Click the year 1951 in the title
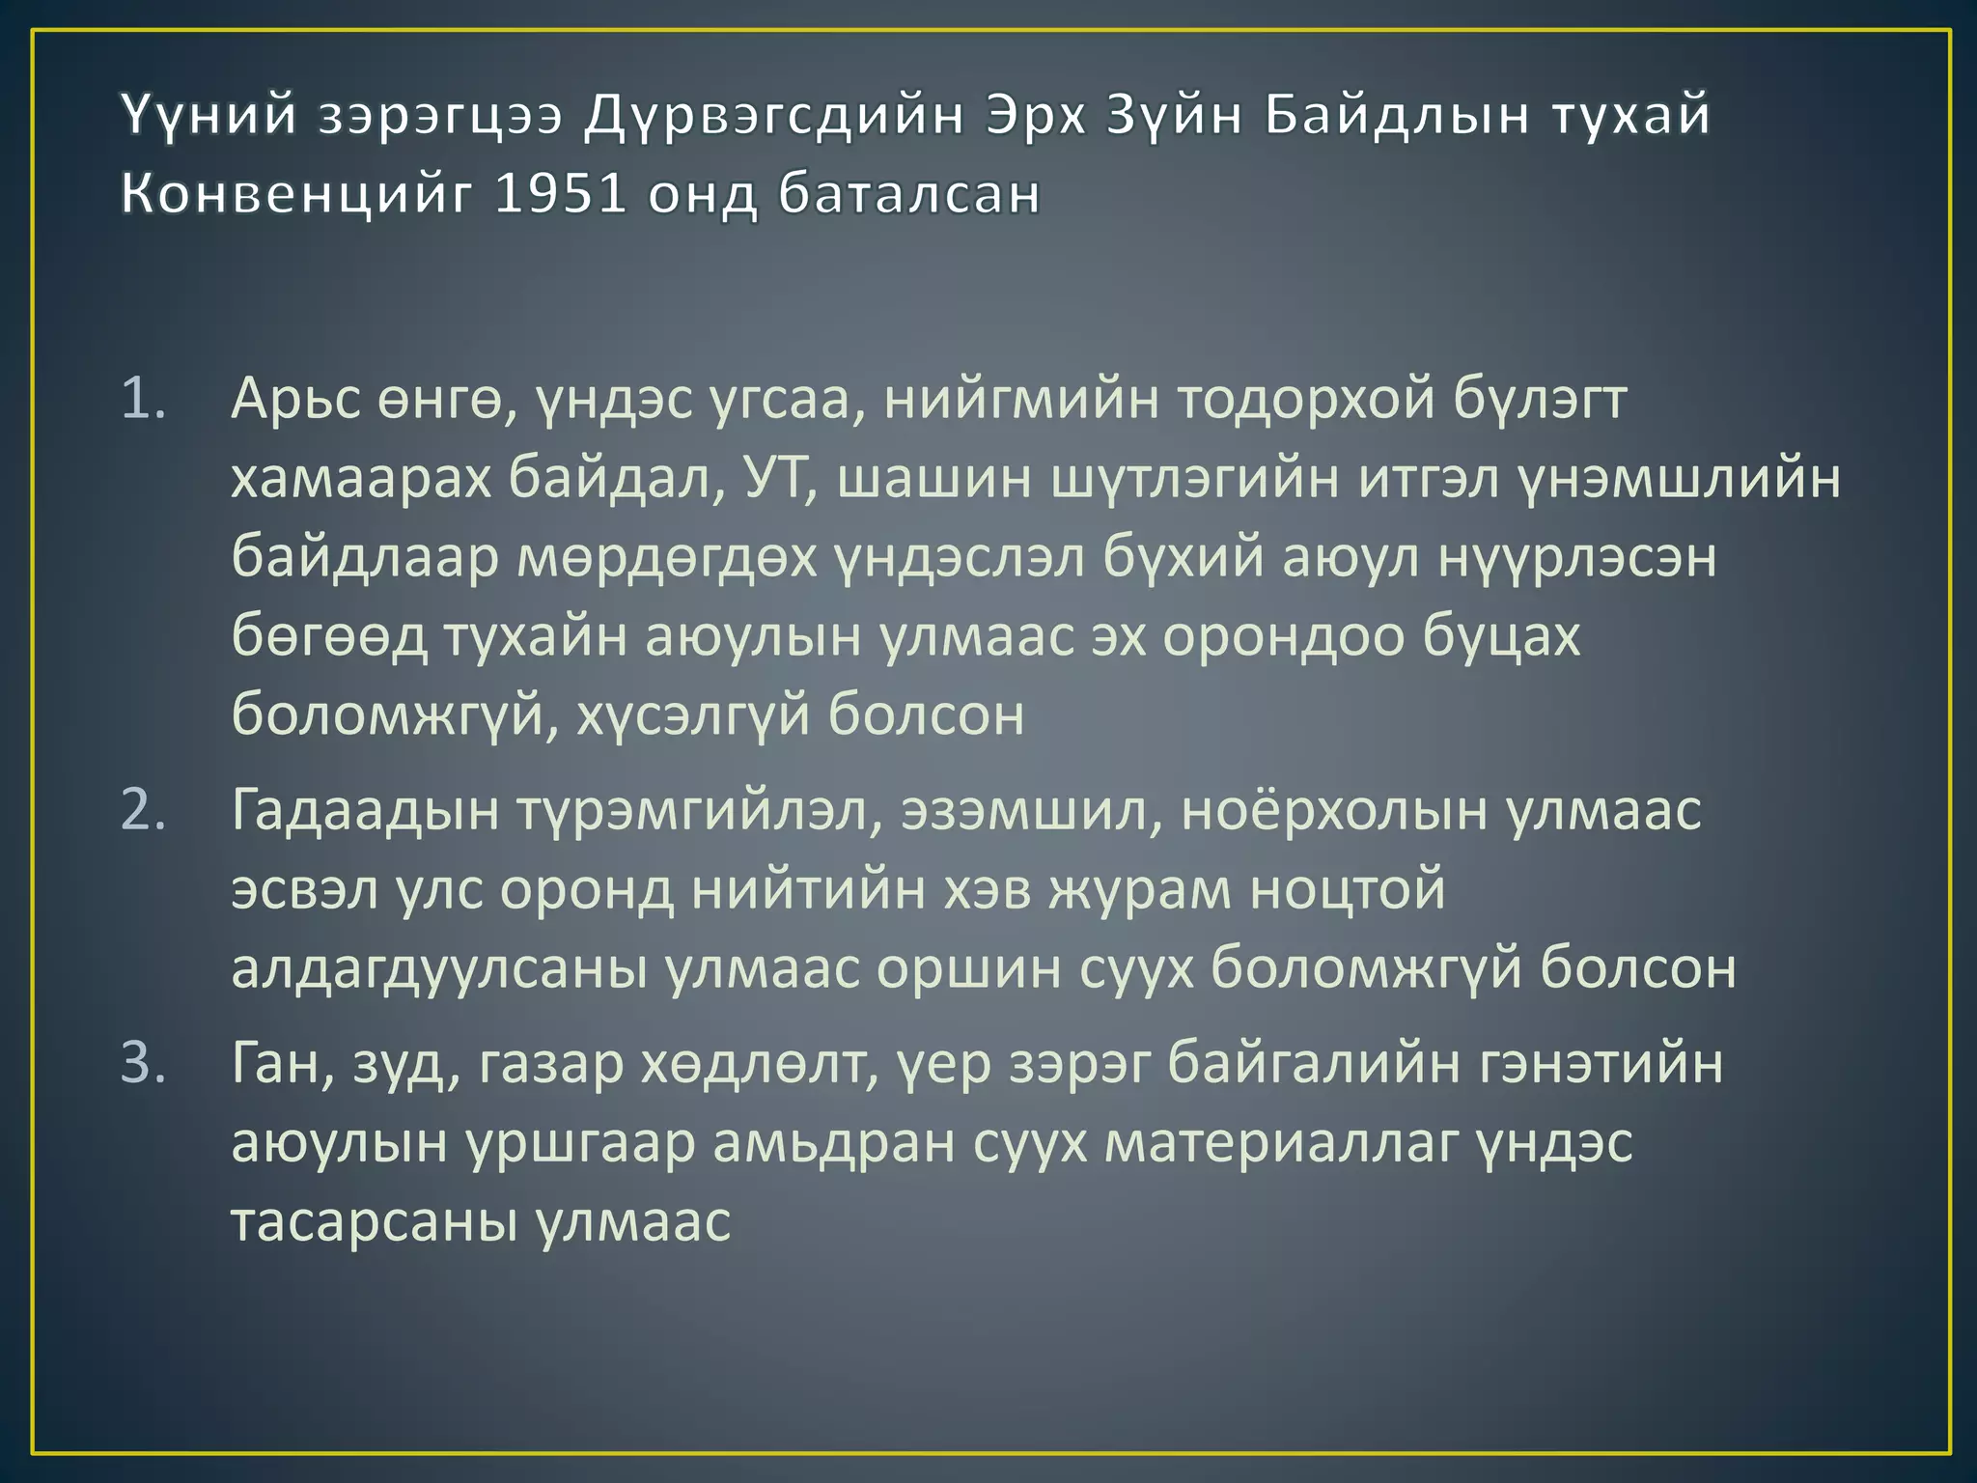tap(560, 193)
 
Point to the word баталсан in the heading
tap(909, 193)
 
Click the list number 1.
tap(143, 399)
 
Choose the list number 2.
tap(143, 809)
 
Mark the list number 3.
tap(143, 1063)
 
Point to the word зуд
tap(405, 1063)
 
